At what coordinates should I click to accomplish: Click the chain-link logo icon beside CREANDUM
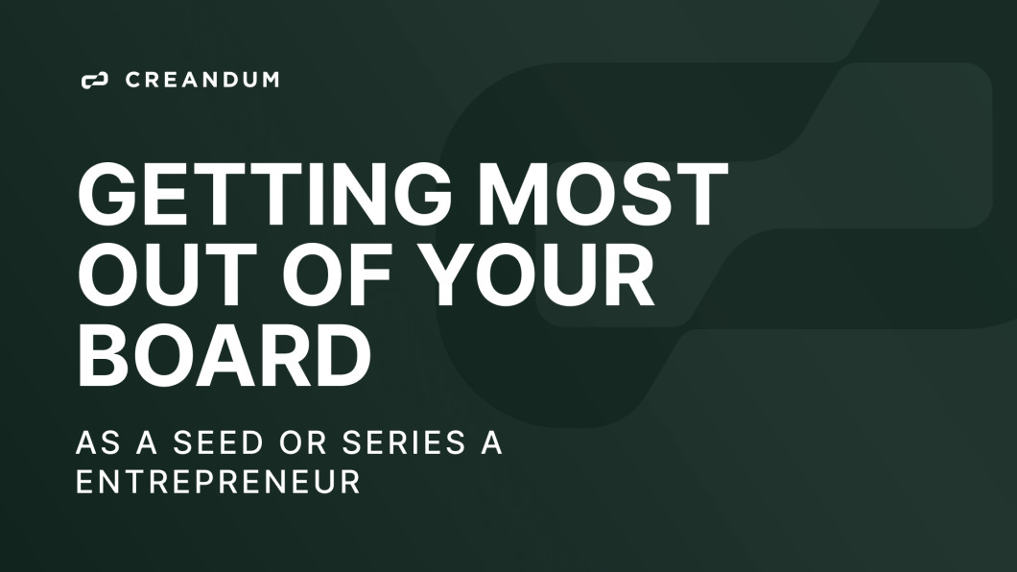(94, 81)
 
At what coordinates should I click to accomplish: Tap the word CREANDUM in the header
(202, 81)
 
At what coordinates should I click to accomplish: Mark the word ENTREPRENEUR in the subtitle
(218, 482)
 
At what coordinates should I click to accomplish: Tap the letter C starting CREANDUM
(133, 81)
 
